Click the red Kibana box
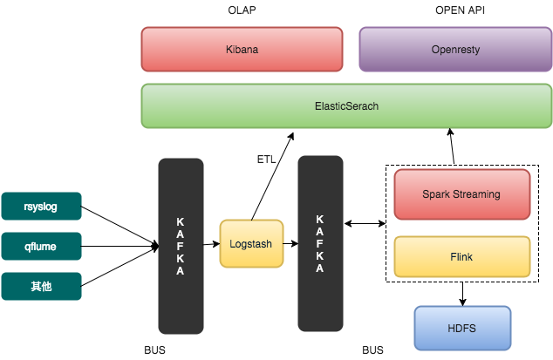tap(242, 49)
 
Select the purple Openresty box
tap(454, 49)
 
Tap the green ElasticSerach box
tap(346, 105)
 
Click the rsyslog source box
tap(41, 207)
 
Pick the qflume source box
tap(41, 247)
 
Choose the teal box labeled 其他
tap(41, 286)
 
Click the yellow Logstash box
tap(251, 245)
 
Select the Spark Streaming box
tap(461, 194)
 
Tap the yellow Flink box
tap(461, 258)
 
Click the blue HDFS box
tap(461, 329)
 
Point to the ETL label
tap(266, 160)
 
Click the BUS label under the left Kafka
tap(154, 350)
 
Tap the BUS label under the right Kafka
tap(372, 350)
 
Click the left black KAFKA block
tap(181, 246)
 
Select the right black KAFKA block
tap(320, 243)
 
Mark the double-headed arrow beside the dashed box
tap(365, 225)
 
